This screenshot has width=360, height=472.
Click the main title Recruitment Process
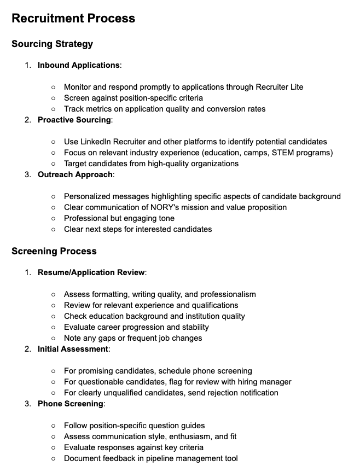pyautogui.click(x=73, y=18)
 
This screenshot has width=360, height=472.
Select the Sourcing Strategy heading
pyautogui.click(x=53, y=44)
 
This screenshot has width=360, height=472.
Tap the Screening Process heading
pyautogui.click(x=54, y=251)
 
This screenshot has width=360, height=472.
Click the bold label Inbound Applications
pyautogui.click(x=79, y=65)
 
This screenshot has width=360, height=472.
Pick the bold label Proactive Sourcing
pyautogui.click(x=74, y=120)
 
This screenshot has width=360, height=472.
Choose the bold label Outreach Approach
pyautogui.click(x=76, y=174)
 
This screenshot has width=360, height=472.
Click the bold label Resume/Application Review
pyautogui.click(x=91, y=272)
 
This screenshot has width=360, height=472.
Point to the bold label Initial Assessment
pyautogui.click(x=73, y=349)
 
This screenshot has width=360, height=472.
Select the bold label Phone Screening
pyautogui.click(x=71, y=404)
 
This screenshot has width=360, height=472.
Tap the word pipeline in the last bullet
pyautogui.click(x=159, y=458)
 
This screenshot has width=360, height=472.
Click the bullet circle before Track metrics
pyautogui.click(x=53, y=109)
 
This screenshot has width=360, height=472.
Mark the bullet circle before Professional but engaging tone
pyautogui.click(x=53, y=218)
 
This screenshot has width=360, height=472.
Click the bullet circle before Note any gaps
pyautogui.click(x=53, y=338)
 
